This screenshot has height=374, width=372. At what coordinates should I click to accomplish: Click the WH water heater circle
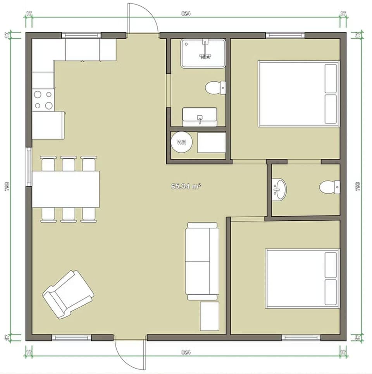click(x=181, y=142)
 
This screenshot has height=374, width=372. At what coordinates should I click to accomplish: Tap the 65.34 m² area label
click(x=186, y=186)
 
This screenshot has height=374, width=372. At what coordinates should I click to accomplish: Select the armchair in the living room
click(x=68, y=294)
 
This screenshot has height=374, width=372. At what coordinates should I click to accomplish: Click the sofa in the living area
click(x=202, y=261)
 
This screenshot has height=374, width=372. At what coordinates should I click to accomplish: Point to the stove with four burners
click(x=43, y=100)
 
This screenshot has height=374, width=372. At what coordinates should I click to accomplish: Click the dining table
click(x=66, y=189)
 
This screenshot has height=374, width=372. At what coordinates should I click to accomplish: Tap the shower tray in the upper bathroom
click(x=203, y=53)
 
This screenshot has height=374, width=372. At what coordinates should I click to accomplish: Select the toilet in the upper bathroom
click(x=214, y=87)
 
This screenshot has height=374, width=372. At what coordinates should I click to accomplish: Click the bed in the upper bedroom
click(x=298, y=94)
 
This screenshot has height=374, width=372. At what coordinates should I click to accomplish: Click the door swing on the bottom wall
click(x=130, y=353)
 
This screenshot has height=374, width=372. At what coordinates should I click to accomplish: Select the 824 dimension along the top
click(x=186, y=13)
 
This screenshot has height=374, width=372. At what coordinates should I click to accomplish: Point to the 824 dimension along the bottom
click(x=186, y=352)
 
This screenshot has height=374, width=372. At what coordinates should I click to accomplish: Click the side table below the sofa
click(x=210, y=316)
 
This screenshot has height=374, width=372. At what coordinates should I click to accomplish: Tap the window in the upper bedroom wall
click(x=285, y=35)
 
